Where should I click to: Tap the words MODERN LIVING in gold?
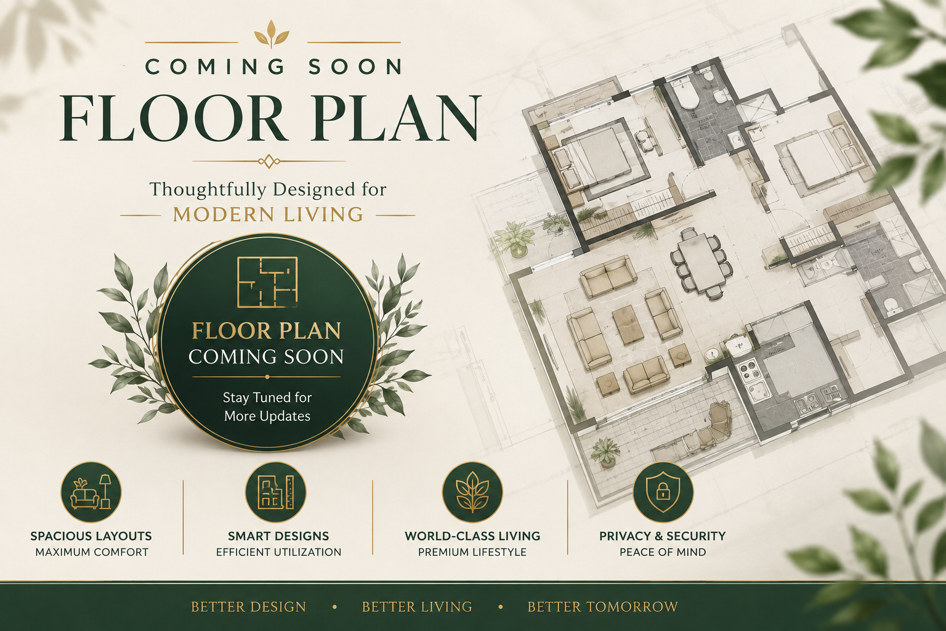(268, 214)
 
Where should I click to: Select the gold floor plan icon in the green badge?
(268, 281)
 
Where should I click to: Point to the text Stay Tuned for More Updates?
(267, 407)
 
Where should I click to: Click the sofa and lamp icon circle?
(91, 492)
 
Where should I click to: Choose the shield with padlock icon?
(663, 492)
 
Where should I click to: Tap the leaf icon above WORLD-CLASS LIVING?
(472, 492)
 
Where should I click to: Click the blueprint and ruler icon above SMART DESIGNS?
(276, 492)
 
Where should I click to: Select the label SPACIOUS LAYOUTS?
(91, 536)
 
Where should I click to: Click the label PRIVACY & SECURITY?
(662, 536)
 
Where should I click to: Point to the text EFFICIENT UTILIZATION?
(279, 552)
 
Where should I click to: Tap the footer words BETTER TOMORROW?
(603, 607)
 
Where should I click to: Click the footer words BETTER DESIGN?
(248, 607)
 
